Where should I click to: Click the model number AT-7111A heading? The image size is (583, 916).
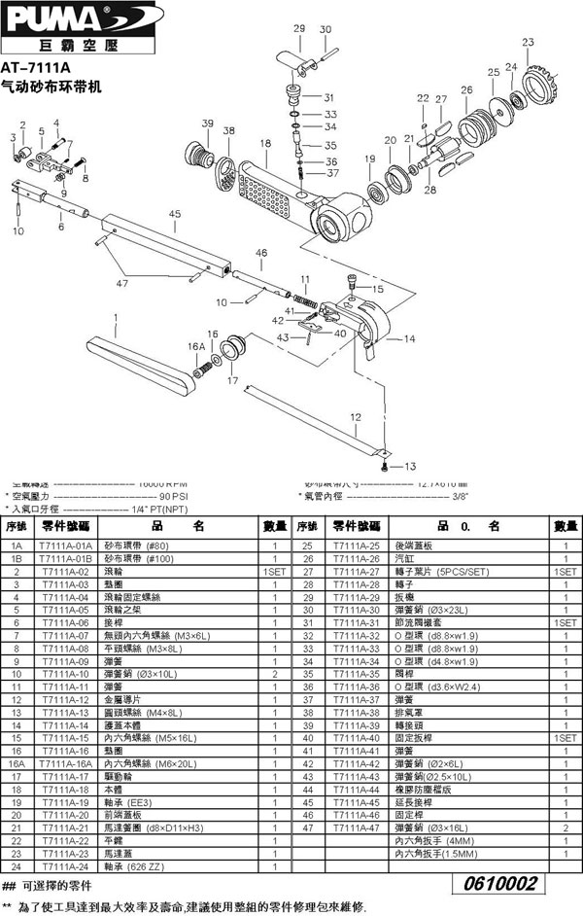coord(37,69)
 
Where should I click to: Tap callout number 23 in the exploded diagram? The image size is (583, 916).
coord(528,42)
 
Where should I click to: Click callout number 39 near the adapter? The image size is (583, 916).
coord(207,123)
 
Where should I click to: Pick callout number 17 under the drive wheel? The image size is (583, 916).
coord(232,380)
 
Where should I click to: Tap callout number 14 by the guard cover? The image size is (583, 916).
coord(409,338)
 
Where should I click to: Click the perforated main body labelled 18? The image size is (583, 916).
coord(282,185)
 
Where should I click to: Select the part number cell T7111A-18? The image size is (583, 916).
coord(66,792)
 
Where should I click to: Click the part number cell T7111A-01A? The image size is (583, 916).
coord(66,546)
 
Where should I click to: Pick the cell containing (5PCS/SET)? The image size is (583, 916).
coord(442,573)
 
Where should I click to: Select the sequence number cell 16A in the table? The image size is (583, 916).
coord(16,764)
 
